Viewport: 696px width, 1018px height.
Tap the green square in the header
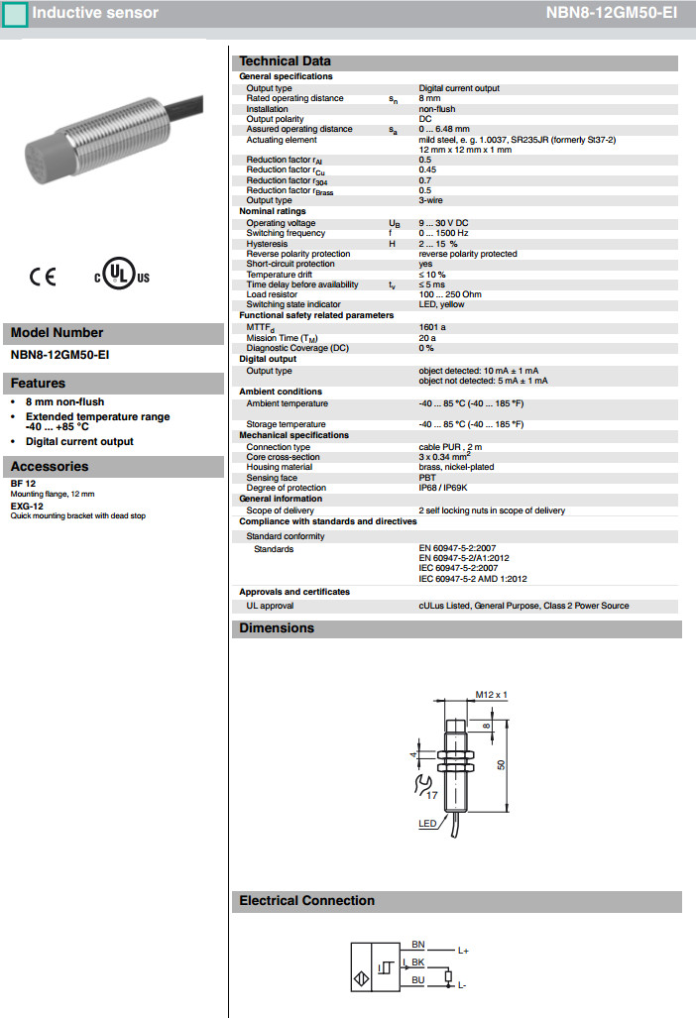[x=15, y=14]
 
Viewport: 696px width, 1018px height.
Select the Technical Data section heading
[x=285, y=61]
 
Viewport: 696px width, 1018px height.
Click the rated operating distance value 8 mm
[x=429, y=98]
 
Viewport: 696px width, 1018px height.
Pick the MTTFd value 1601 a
[x=432, y=326]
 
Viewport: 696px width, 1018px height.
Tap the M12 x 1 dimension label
[x=491, y=695]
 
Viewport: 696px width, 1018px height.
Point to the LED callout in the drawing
[x=426, y=823]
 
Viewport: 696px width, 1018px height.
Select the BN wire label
[x=417, y=944]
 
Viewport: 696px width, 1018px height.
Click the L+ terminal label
[x=463, y=951]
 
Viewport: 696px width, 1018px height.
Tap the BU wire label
[x=417, y=979]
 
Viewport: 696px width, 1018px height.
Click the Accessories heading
[x=50, y=467]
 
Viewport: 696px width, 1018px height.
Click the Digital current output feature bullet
[x=79, y=441]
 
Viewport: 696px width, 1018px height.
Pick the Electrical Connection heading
[x=306, y=901]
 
